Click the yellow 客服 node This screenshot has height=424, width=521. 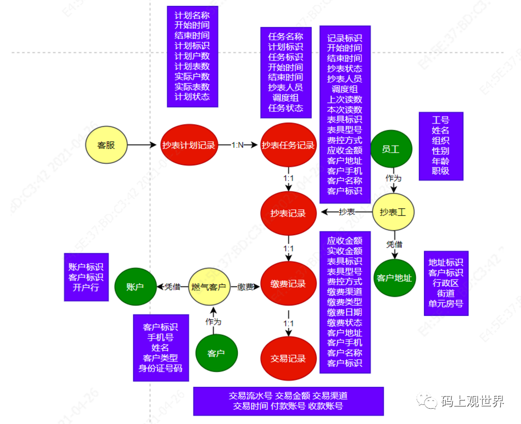click(106, 145)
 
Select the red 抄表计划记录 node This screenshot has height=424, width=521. click(189, 145)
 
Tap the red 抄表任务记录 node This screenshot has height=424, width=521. click(288, 145)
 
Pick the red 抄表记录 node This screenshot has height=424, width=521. click(288, 213)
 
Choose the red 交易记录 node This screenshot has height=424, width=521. click(288, 358)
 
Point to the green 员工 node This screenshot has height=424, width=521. click(391, 149)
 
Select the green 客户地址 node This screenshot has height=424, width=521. click(394, 278)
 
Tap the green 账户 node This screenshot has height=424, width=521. click(135, 287)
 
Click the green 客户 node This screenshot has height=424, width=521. click(216, 353)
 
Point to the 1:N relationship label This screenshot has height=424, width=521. click(237, 145)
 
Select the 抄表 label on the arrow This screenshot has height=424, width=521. click(347, 212)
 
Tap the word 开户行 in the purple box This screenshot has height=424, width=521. click(86, 287)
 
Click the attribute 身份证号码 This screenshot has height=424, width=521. click(161, 368)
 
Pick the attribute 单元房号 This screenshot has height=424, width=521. click(446, 304)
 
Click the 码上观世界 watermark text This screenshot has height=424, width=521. click(473, 401)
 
